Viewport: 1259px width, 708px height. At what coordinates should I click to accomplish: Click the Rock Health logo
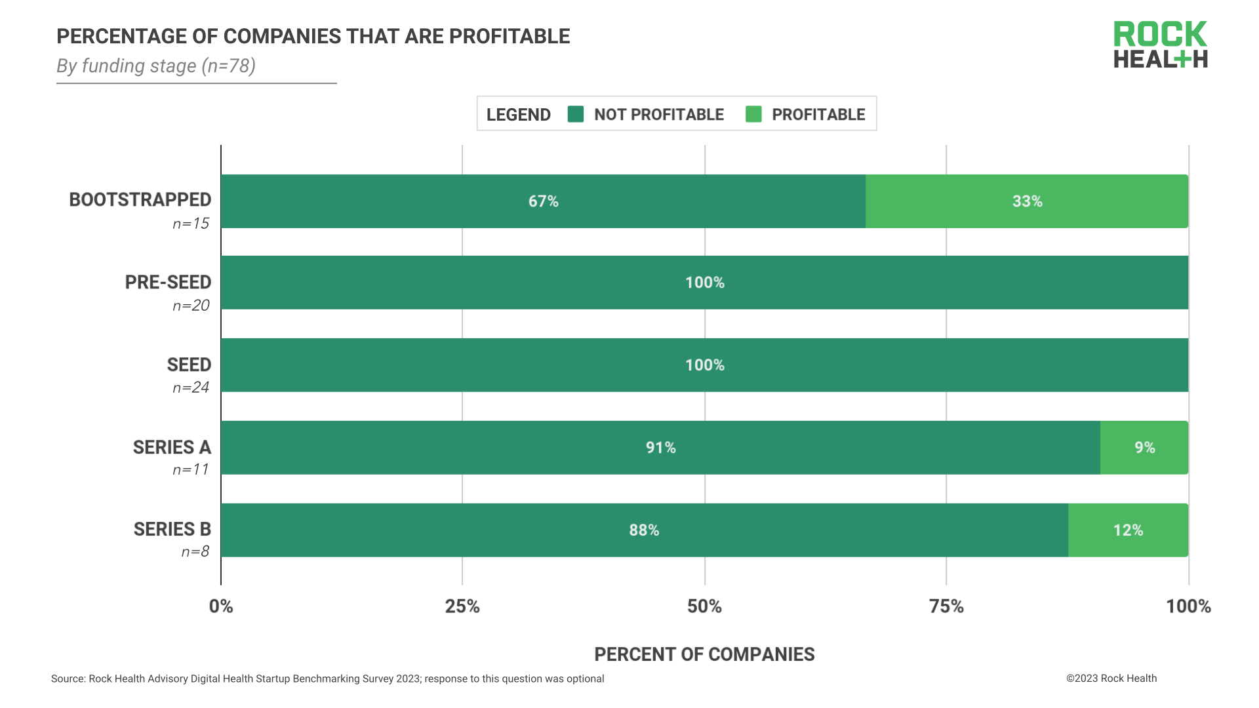1160,45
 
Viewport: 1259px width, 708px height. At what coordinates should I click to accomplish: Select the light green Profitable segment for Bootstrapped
1026,201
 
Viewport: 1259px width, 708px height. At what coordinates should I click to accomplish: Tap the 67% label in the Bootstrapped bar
543,201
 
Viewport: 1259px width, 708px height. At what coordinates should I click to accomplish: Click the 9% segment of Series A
1144,448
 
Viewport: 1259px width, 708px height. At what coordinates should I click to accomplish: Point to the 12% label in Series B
1128,530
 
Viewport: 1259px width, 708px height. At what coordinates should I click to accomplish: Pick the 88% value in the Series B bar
644,530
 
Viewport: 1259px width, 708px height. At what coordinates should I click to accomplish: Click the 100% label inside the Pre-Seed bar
704,283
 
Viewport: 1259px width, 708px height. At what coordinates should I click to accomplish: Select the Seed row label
189,365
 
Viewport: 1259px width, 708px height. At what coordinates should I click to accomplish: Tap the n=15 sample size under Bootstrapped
191,224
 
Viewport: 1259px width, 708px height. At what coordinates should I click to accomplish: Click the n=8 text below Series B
195,552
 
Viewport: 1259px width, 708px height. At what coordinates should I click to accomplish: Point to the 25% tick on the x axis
462,606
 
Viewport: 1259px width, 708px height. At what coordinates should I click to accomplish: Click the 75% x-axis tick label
946,606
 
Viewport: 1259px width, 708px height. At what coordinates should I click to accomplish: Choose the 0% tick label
221,606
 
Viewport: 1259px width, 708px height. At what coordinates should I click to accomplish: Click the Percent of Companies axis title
704,654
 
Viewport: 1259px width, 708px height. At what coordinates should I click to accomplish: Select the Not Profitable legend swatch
576,114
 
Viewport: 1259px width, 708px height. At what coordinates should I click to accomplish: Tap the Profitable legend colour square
753,114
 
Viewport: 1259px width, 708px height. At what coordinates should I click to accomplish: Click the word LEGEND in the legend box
518,115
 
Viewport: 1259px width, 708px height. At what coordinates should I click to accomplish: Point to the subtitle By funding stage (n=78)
156,66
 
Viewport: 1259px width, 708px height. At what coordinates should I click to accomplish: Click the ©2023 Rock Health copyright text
1111,678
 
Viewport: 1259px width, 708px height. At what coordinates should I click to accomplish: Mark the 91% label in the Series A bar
660,448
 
